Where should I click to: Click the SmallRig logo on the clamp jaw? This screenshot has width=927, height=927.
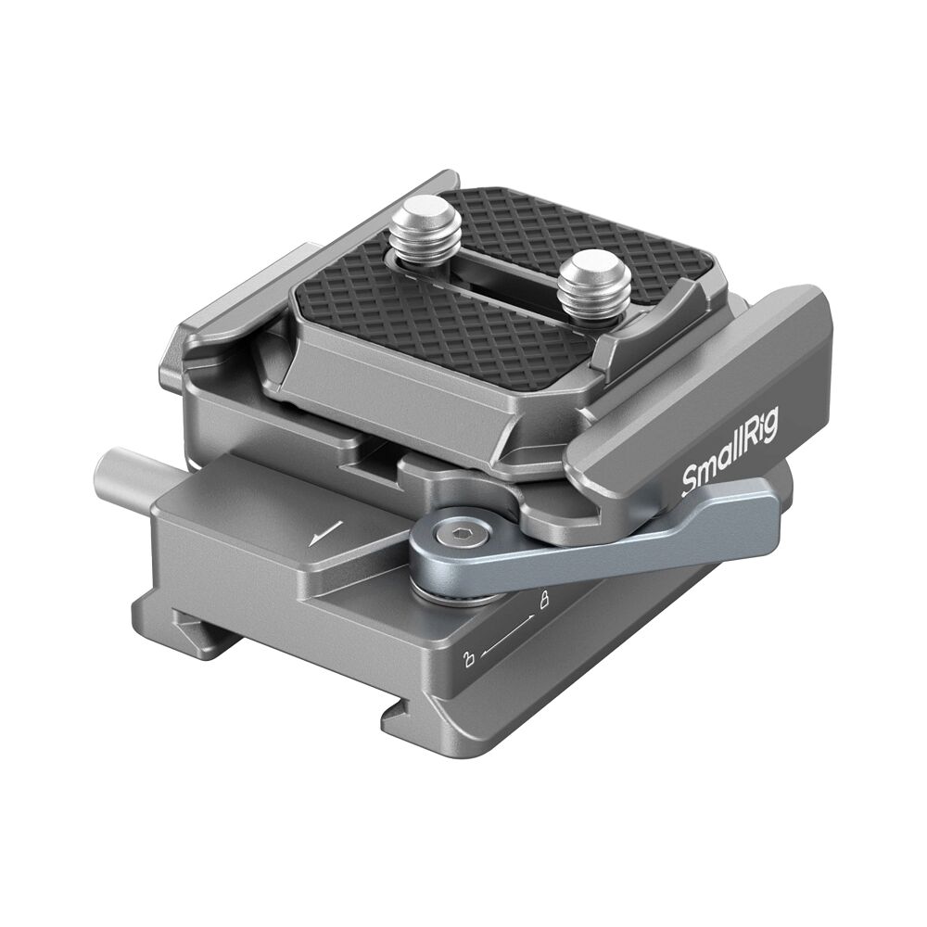pos(730,453)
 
